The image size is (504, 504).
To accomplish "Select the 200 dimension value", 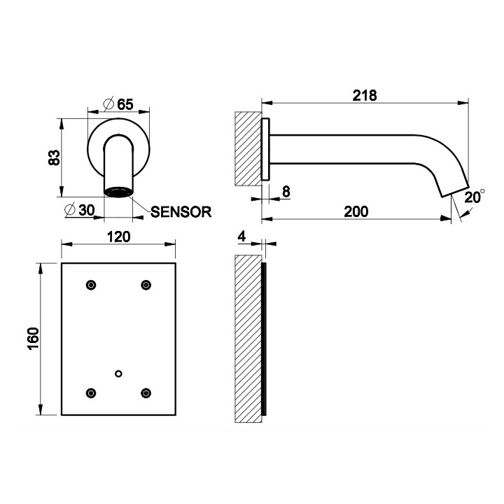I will pyautogui.click(x=356, y=211).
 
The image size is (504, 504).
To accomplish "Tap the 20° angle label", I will pyautogui.click(x=473, y=197).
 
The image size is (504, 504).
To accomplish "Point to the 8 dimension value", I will pyautogui.click(x=286, y=190).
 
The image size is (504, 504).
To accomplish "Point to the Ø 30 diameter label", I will pyautogui.click(x=79, y=210).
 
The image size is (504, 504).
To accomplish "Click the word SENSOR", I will pyautogui.click(x=181, y=211).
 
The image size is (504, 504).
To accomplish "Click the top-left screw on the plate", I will pyautogui.click(x=90, y=284).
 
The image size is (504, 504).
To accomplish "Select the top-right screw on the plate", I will pyautogui.click(x=146, y=284).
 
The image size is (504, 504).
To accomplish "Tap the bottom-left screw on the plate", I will pyautogui.click(x=90, y=392).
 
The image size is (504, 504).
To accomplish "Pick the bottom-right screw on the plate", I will pyautogui.click(x=146, y=392).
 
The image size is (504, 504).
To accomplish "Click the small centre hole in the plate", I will pyautogui.click(x=118, y=373).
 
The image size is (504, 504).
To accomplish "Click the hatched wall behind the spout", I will pyautogui.click(x=248, y=148).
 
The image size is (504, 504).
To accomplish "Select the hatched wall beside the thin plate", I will pyautogui.click(x=247, y=339).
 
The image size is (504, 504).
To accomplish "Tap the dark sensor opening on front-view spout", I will pyautogui.click(x=118, y=191).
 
